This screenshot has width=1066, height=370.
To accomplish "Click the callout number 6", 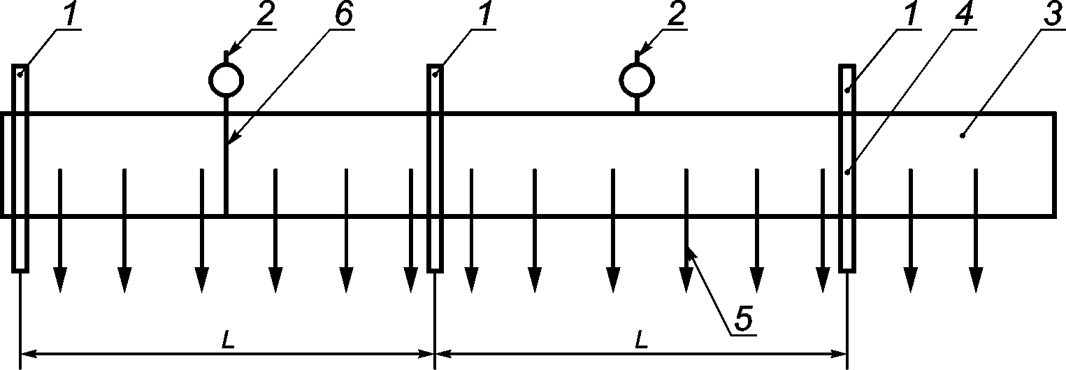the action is pos(343,14).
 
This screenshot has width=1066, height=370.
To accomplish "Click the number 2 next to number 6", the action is pos(266,14).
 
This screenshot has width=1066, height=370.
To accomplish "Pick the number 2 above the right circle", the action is pos(676,14).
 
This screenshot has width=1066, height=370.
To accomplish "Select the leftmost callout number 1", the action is pos(70,14).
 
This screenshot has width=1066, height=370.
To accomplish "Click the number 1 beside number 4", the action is pos(910,14).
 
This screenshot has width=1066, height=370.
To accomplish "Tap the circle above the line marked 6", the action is pos(226,64).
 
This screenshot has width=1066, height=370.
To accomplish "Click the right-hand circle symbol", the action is pos(637,64).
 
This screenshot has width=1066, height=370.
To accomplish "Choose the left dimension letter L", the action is pos(229,340).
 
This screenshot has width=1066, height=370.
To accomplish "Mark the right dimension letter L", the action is pos(642,340).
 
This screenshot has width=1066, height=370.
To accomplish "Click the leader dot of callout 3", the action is pos(963,136).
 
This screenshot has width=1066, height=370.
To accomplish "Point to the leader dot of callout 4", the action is pos(847,172).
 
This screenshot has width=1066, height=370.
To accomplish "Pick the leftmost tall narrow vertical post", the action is pos(20,168).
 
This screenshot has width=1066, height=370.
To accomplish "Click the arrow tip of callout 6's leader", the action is pos(229,143).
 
